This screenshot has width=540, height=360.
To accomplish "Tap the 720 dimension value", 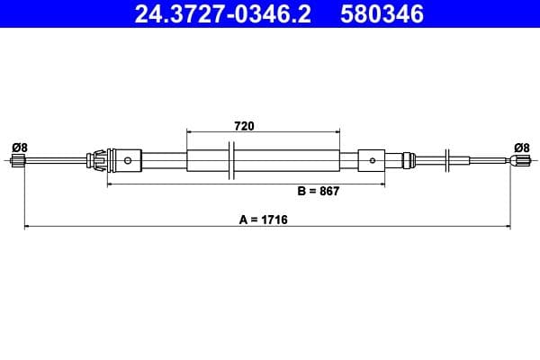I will pyautogui.click(x=243, y=126).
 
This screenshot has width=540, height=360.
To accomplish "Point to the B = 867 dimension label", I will pyautogui.click(x=318, y=192).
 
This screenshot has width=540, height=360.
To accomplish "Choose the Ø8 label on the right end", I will pyautogui.click(x=521, y=147).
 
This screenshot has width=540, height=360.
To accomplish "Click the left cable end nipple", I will pyautogui.click(x=17, y=162).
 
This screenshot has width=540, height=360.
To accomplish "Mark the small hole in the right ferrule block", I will pyautogui.click(x=369, y=162).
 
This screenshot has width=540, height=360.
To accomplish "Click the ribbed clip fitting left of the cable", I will pyautogui.click(x=97, y=161).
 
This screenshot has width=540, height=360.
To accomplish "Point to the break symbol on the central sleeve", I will pyautogui.click(x=232, y=161).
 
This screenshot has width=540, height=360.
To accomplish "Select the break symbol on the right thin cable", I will pyautogui.click(x=448, y=161).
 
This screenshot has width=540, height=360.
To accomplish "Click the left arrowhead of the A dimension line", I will pyautogui.click(x=27, y=227).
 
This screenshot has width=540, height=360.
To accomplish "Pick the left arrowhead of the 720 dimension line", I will pyautogui.click(x=190, y=133).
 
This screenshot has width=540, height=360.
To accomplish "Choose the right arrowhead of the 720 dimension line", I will pyautogui.click(x=339, y=133).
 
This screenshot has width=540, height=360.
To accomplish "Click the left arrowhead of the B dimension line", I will pyautogui.click(x=111, y=184).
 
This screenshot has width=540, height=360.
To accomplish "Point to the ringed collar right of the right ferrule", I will pyautogui.click(x=410, y=161).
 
